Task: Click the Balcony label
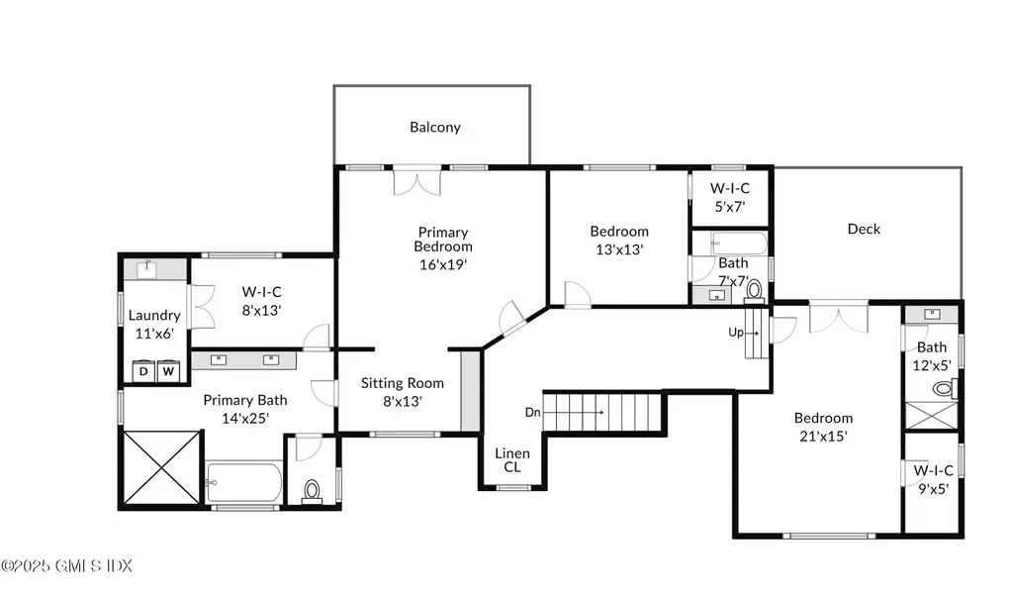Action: pyautogui.click(x=435, y=127)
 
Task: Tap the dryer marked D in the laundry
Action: pyautogui.click(x=143, y=371)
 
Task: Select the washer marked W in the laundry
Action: pyautogui.click(x=168, y=371)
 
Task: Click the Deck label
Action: pyautogui.click(x=864, y=229)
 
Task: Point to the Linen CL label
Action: pyautogui.click(x=512, y=459)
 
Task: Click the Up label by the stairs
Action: pyautogui.click(x=736, y=333)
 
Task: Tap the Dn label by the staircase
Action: pyautogui.click(x=532, y=412)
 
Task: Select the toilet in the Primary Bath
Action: pyautogui.click(x=312, y=491)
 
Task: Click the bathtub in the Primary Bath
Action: pyautogui.click(x=243, y=482)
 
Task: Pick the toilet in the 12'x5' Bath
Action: pyautogui.click(x=945, y=389)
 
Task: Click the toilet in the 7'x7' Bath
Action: pyautogui.click(x=754, y=290)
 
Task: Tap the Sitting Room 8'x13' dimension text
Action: pyautogui.click(x=403, y=402)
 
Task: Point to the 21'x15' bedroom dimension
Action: pyautogui.click(x=823, y=437)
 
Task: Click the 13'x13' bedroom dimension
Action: pyautogui.click(x=619, y=249)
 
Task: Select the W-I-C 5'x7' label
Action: pyautogui.click(x=730, y=197)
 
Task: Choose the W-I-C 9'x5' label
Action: pyautogui.click(x=933, y=480)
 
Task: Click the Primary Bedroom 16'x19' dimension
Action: pyautogui.click(x=443, y=264)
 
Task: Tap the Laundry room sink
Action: pyautogui.click(x=147, y=269)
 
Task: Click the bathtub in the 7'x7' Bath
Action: pyautogui.click(x=739, y=244)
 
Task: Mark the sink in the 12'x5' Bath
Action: pyautogui.click(x=932, y=314)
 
